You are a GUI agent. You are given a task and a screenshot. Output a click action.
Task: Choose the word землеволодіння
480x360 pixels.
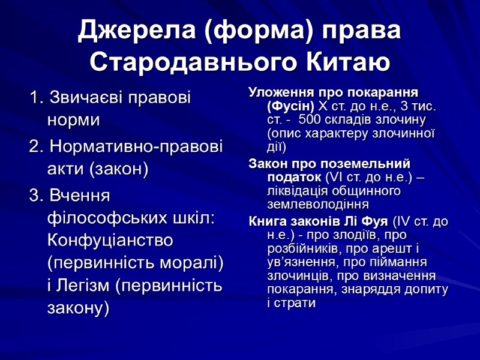tap(317, 203)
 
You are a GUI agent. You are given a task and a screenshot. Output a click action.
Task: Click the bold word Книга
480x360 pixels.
tap(267, 222)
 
